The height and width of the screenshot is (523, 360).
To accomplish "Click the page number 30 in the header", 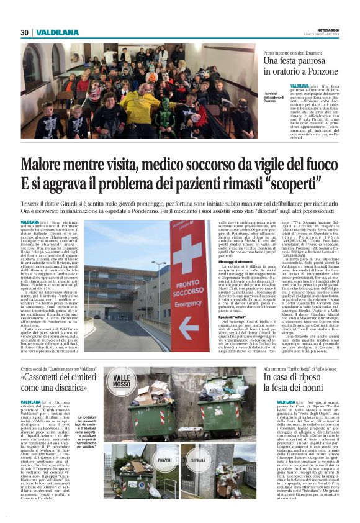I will click(x=24, y=32).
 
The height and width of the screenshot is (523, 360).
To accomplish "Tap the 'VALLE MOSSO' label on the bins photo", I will click(x=122, y=380).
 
